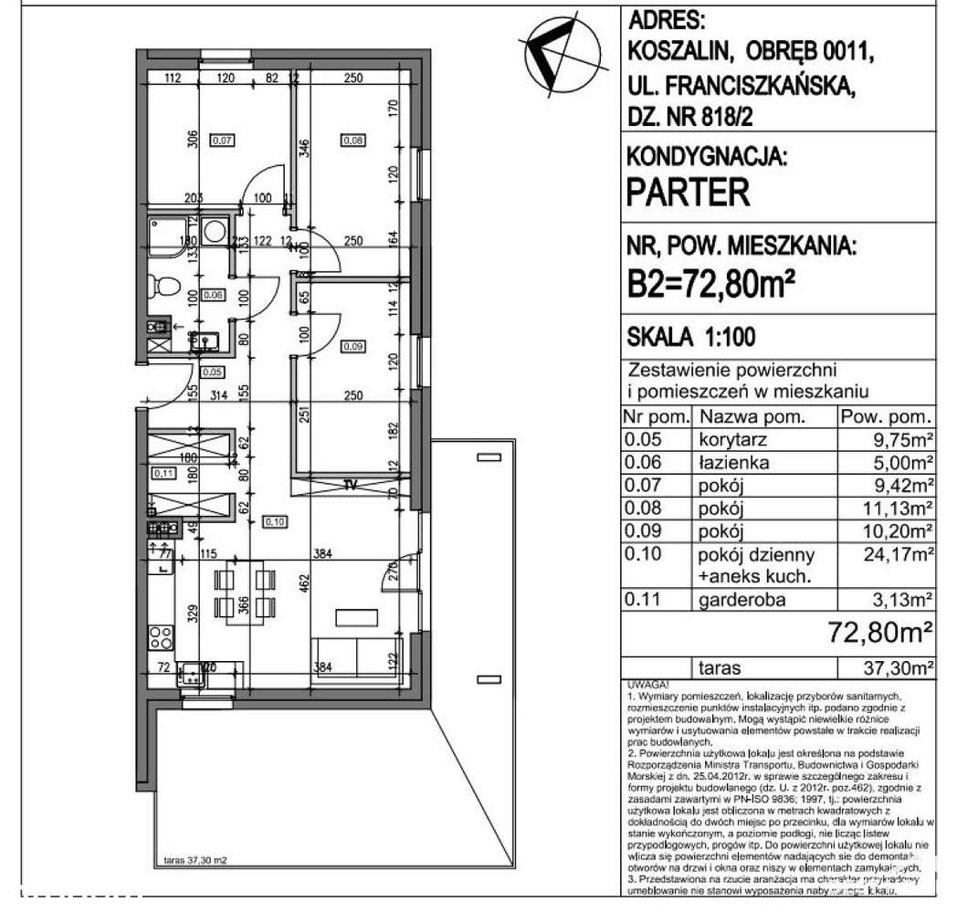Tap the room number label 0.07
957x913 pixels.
tap(222, 141)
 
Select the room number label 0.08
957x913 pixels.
tap(352, 141)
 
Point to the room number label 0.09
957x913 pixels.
tap(352, 346)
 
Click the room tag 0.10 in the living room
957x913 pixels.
tap(274, 521)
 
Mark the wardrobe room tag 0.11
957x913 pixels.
tap(163, 472)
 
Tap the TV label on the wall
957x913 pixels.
tap(349, 485)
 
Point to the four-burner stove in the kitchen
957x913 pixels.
tap(161, 635)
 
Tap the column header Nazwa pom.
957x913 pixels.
tap(753, 417)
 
